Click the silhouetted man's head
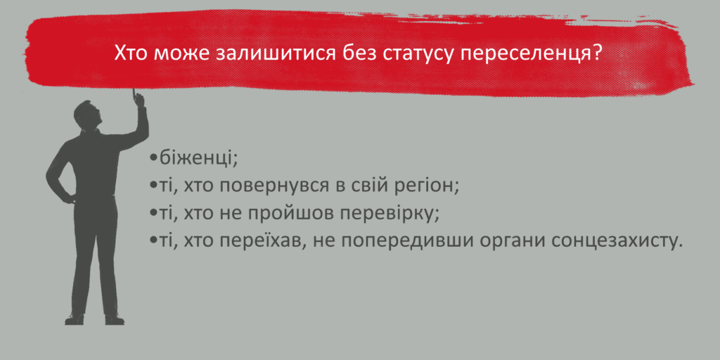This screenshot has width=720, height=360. tap(87, 115)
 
